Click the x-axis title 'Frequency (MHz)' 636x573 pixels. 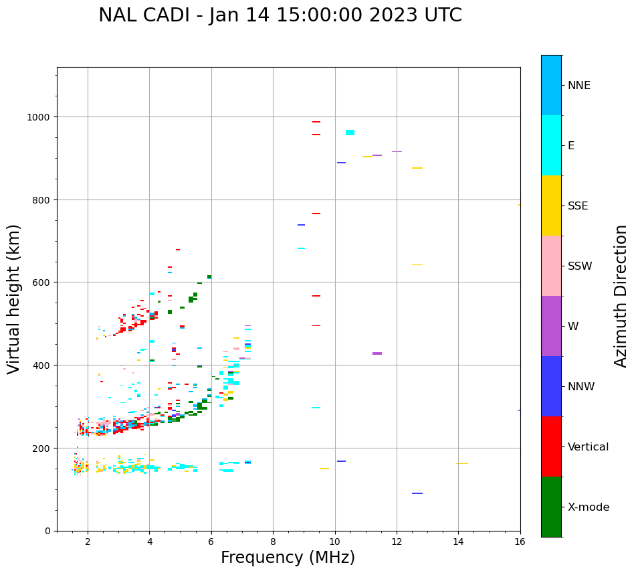[x=288, y=558]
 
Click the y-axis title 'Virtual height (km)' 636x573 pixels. [x=14, y=299]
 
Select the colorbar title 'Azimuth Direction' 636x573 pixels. [x=621, y=296]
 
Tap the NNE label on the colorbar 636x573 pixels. [x=579, y=85]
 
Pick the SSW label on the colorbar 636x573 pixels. [x=580, y=266]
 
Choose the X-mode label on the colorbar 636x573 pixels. [x=589, y=507]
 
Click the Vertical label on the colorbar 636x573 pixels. [x=589, y=446]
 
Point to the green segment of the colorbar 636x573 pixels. [x=551, y=507]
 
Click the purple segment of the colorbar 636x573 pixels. [x=551, y=326]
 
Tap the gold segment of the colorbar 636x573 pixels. [x=551, y=206]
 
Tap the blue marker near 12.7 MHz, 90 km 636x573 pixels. [x=417, y=493]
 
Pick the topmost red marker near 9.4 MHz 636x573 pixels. [x=316, y=122]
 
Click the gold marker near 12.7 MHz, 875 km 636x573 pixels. [x=417, y=168]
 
